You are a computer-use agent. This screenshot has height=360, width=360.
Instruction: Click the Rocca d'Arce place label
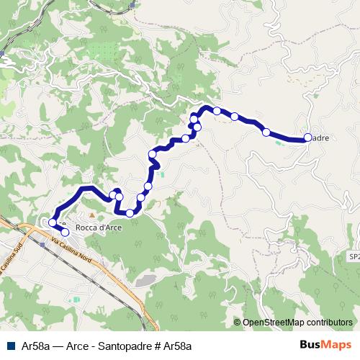click(98, 228)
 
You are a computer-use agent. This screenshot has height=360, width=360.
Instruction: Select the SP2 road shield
click(354, 256)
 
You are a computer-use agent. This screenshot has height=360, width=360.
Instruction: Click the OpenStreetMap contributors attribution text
click(297, 323)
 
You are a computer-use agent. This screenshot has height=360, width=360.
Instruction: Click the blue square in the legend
click(10, 346)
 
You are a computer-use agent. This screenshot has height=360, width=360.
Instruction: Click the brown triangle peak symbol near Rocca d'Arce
click(91, 216)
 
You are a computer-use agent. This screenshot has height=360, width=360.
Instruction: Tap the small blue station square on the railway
click(42, 244)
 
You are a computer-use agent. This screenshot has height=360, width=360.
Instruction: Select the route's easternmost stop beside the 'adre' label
click(307, 138)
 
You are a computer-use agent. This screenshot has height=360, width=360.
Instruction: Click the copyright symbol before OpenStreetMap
click(237, 323)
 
